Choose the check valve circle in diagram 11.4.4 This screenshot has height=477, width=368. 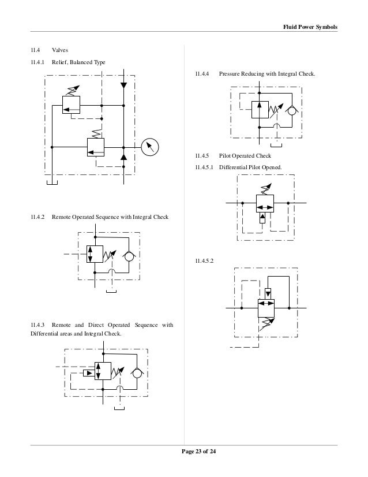coord(292,110)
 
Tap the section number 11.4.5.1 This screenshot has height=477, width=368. coord(205,167)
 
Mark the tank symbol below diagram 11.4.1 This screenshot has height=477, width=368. coord(51,184)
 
